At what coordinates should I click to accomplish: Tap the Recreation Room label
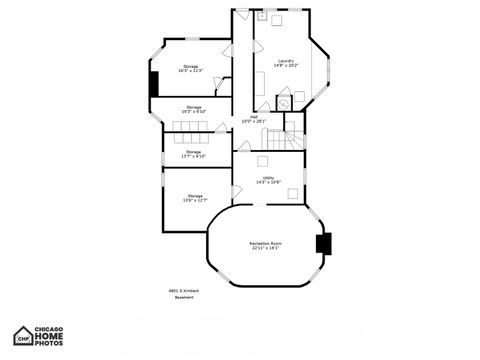265,245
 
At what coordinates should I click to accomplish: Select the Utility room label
268,180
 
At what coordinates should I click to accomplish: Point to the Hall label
254,119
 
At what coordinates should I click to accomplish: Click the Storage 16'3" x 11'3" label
190,69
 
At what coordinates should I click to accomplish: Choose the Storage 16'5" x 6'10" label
193,109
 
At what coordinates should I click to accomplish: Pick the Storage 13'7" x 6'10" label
193,154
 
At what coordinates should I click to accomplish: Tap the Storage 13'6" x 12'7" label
194,198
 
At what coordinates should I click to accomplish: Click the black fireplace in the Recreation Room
323,243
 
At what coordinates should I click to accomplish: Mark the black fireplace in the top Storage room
153,84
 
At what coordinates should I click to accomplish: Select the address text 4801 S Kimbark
183,291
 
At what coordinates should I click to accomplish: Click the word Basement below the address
183,298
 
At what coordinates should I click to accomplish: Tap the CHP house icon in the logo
22,336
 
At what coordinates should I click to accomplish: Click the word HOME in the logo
50,336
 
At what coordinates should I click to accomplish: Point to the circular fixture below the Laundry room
283,100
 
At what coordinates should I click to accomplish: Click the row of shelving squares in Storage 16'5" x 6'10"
189,125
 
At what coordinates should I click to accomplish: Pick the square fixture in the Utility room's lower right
293,192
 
